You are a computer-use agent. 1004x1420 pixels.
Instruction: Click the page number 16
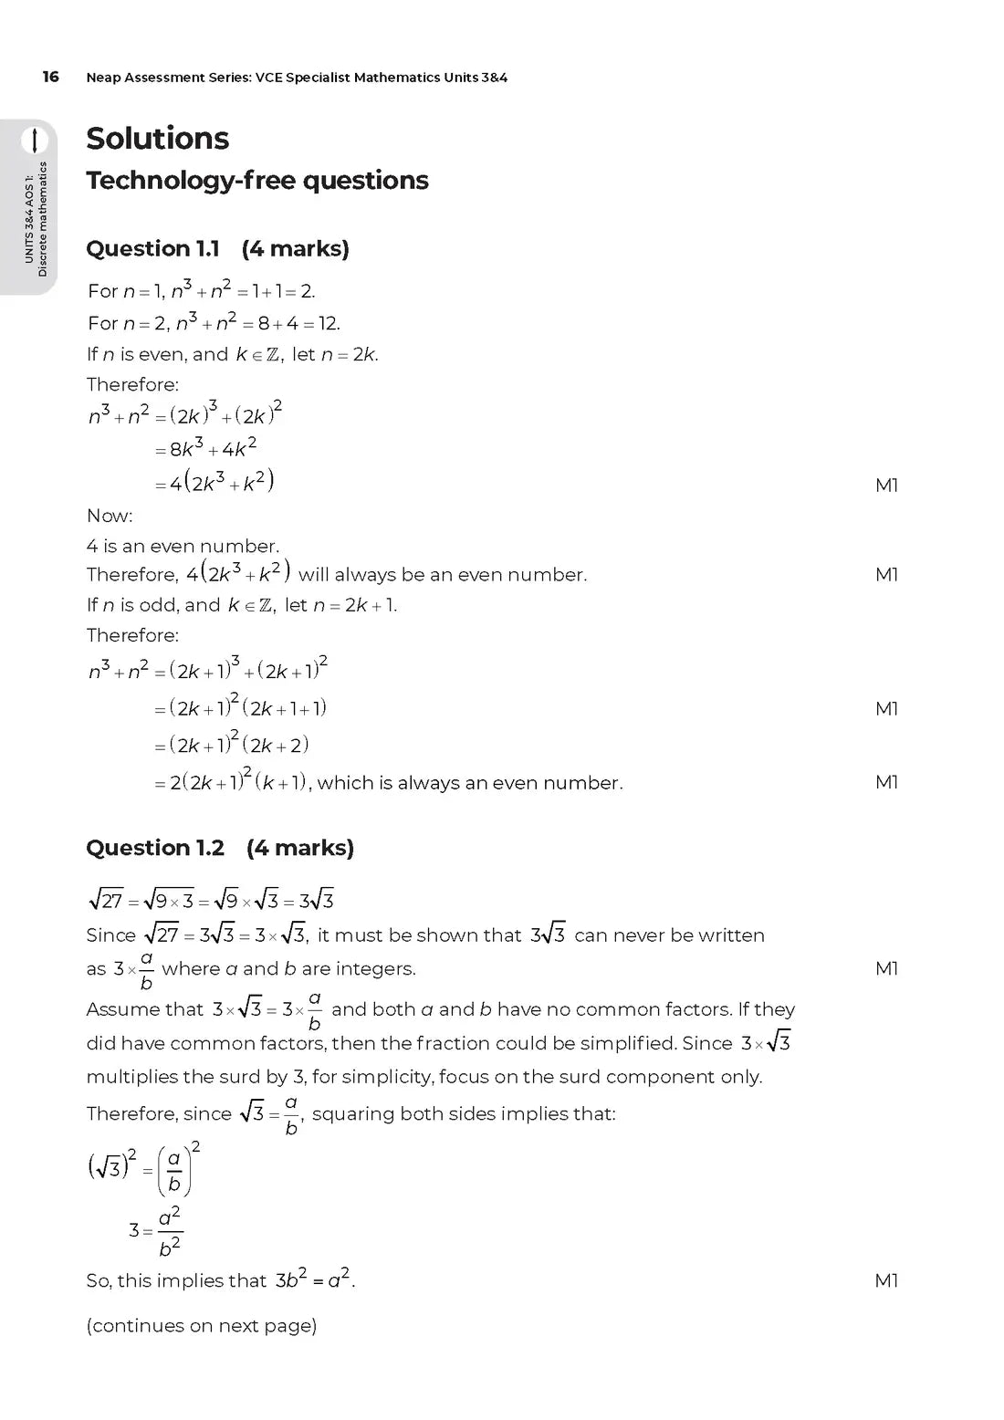[x=50, y=77]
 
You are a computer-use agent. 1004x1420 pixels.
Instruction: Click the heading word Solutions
[x=157, y=139]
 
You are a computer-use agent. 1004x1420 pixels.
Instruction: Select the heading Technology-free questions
[x=256, y=181]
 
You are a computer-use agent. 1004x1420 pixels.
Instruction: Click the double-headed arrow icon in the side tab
[x=35, y=140]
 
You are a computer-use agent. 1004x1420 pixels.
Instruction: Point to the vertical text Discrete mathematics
[x=43, y=219]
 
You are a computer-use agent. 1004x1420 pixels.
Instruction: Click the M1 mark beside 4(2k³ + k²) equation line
[x=886, y=486]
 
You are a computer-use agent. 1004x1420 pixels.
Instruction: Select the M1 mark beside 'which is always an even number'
[x=886, y=782]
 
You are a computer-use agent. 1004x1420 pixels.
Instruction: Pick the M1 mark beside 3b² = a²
[x=886, y=1280]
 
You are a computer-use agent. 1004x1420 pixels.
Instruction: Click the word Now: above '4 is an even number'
[x=110, y=516]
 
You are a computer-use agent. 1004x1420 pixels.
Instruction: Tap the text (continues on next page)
[x=201, y=1325]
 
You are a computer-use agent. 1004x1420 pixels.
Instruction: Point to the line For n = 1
[x=201, y=291]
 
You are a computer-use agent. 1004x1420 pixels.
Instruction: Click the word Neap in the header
[x=103, y=78]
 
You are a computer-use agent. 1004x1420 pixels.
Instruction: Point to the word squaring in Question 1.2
[x=349, y=1113]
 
